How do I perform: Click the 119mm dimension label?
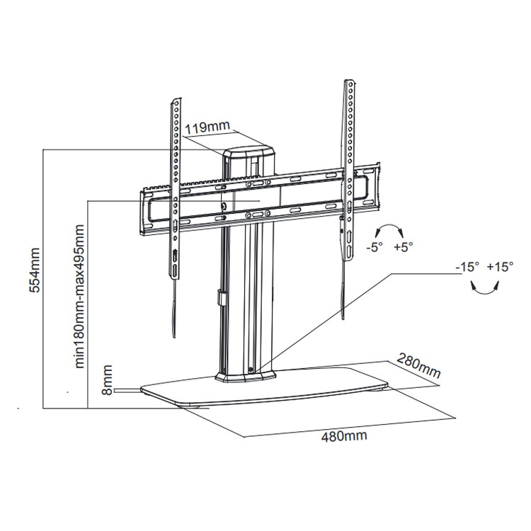[x=207, y=128]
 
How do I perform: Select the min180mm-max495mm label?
[x=80, y=297]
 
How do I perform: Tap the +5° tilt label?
[x=403, y=247]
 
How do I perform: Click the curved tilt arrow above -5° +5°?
[x=389, y=230]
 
